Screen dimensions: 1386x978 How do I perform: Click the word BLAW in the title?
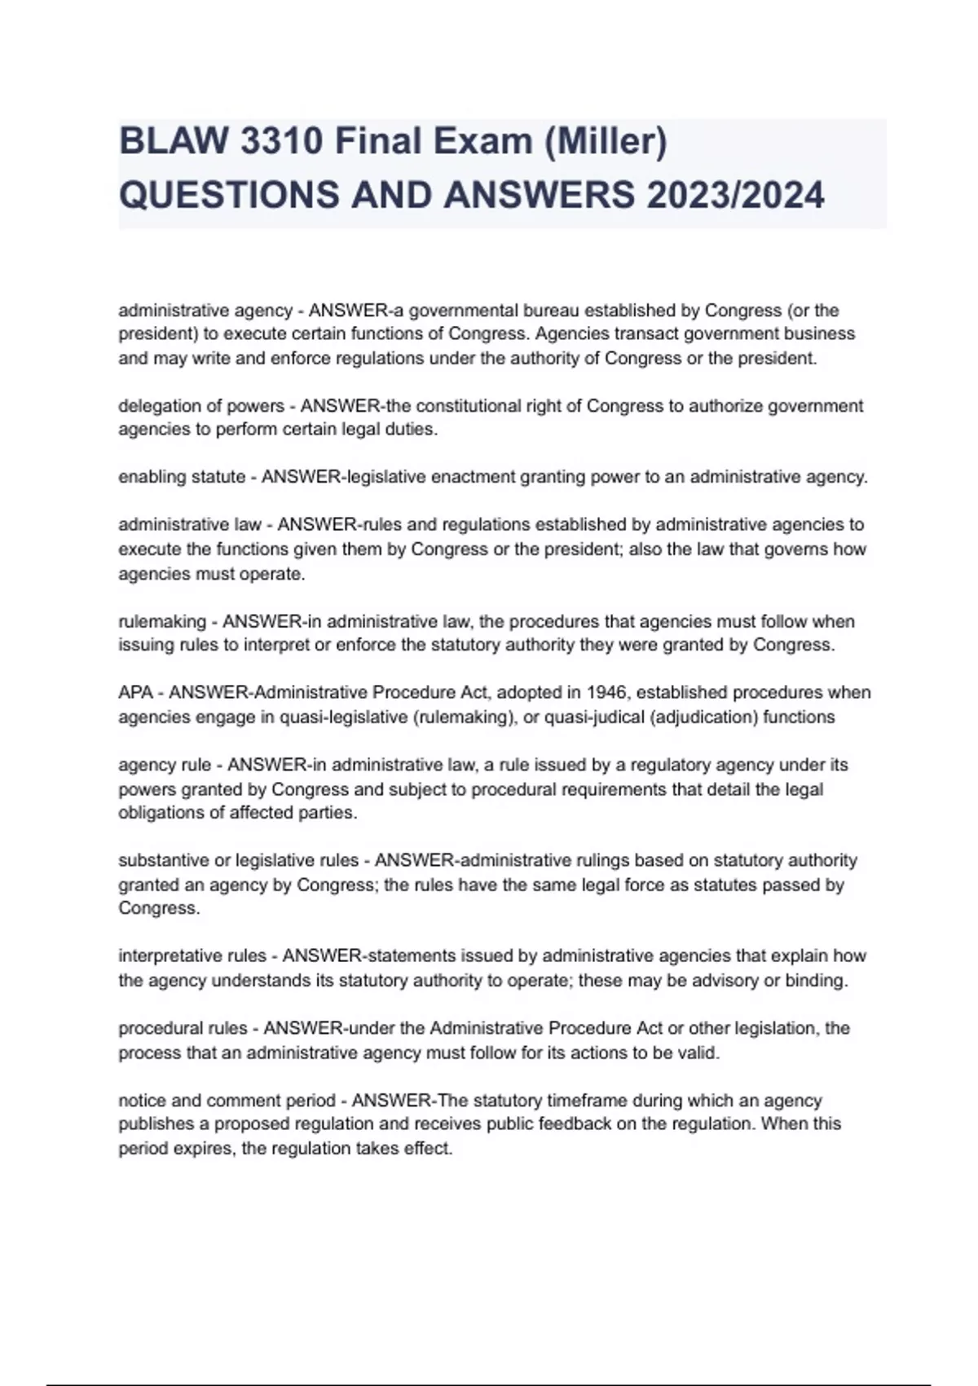pos(173,142)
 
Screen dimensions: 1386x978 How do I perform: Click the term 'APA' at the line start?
pos(135,693)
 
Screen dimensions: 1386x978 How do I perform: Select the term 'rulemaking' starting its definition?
pos(162,621)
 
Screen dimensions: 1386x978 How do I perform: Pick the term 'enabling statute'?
pos(182,477)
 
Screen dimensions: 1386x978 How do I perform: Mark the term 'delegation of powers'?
pos(201,406)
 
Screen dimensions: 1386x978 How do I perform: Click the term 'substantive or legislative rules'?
pos(238,860)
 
